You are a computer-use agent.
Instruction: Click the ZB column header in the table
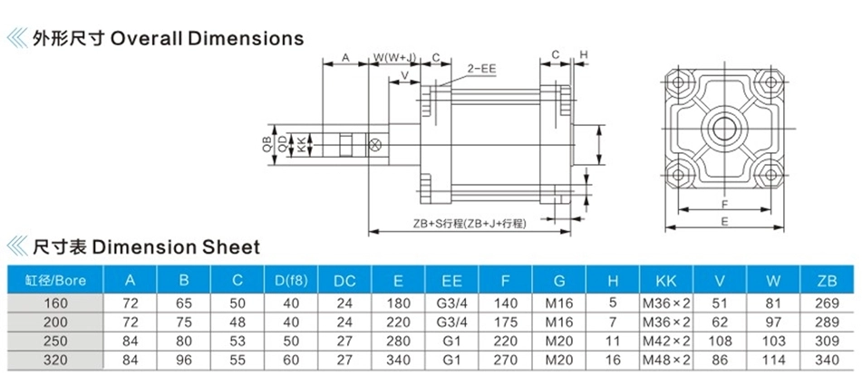click(x=827, y=281)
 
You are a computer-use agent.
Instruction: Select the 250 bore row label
click(x=54, y=341)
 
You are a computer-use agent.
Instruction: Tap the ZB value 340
click(x=828, y=360)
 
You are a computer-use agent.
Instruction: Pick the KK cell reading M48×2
click(x=666, y=360)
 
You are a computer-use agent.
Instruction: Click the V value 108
click(x=720, y=341)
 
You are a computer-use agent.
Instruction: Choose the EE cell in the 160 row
click(x=452, y=303)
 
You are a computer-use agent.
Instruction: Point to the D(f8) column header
click(x=291, y=281)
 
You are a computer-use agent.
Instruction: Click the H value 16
click(x=613, y=360)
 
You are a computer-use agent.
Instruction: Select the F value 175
click(x=505, y=322)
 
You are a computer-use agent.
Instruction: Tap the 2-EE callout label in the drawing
click(x=481, y=69)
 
